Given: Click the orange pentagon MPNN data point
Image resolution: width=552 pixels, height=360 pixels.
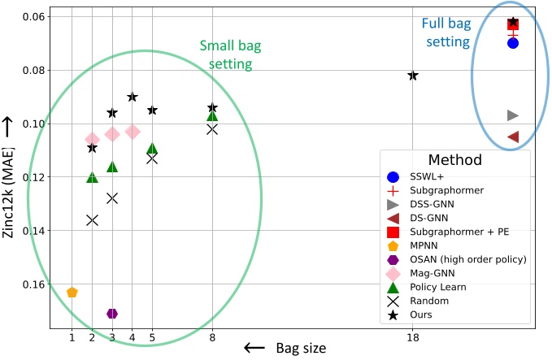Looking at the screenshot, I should click(72, 293).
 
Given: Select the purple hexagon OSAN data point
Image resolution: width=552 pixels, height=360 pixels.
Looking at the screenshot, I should click(112, 314).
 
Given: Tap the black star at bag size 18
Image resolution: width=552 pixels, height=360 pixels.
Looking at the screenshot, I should click(413, 76).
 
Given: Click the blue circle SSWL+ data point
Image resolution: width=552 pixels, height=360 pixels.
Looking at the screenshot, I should click(513, 43).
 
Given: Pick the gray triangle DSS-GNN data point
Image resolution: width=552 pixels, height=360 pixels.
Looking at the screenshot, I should click(513, 115).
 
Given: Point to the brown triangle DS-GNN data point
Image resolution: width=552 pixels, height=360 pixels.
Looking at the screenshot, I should click(513, 137).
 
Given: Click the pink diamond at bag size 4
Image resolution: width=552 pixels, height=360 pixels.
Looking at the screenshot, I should click(133, 131).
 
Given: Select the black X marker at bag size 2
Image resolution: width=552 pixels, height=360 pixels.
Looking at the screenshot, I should click(92, 220).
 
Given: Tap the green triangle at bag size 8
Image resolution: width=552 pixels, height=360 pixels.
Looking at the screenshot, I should click(212, 115).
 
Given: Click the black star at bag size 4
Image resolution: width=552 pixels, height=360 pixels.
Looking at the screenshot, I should click(133, 97).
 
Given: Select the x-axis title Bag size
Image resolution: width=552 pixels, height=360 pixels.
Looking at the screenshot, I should click(298, 348).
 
